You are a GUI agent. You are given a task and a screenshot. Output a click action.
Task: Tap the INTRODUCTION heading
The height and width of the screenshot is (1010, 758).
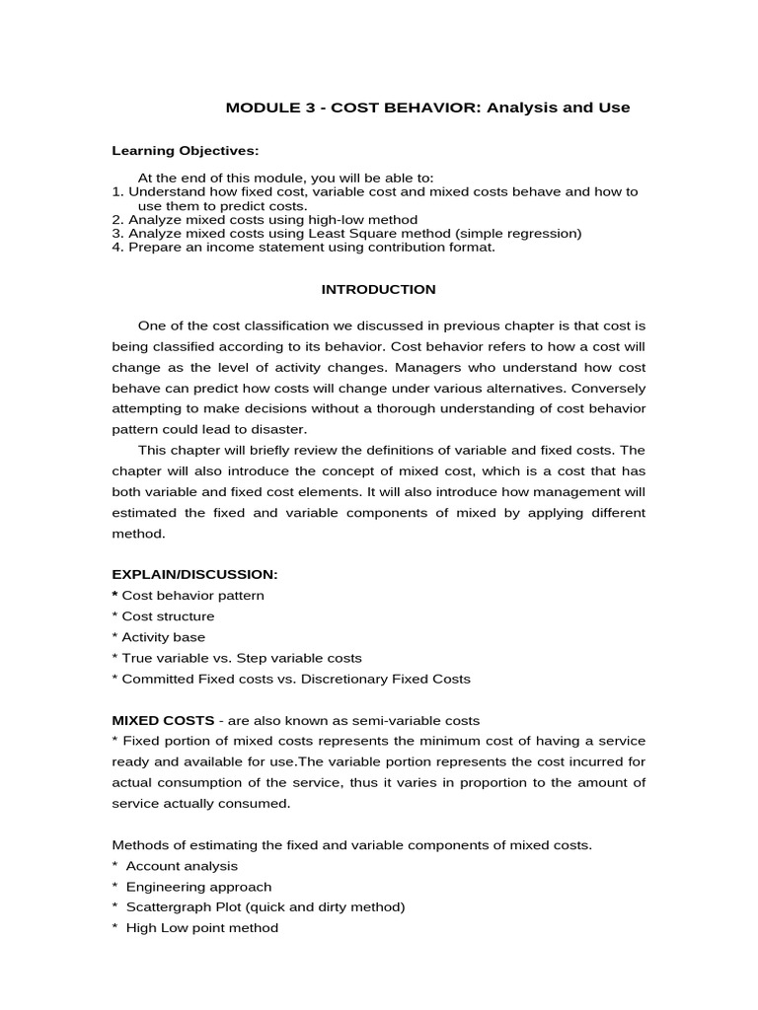pyautogui.click(x=378, y=289)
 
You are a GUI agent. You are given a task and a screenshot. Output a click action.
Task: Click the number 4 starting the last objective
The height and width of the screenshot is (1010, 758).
pyautogui.click(x=115, y=248)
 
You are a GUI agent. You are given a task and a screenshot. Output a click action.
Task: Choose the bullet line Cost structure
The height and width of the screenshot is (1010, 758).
pyautogui.click(x=167, y=616)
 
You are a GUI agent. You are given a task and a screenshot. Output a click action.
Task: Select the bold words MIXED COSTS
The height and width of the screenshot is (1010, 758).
pyautogui.click(x=163, y=720)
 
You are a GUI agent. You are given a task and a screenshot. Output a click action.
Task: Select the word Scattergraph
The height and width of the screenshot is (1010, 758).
pyautogui.click(x=169, y=907)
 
